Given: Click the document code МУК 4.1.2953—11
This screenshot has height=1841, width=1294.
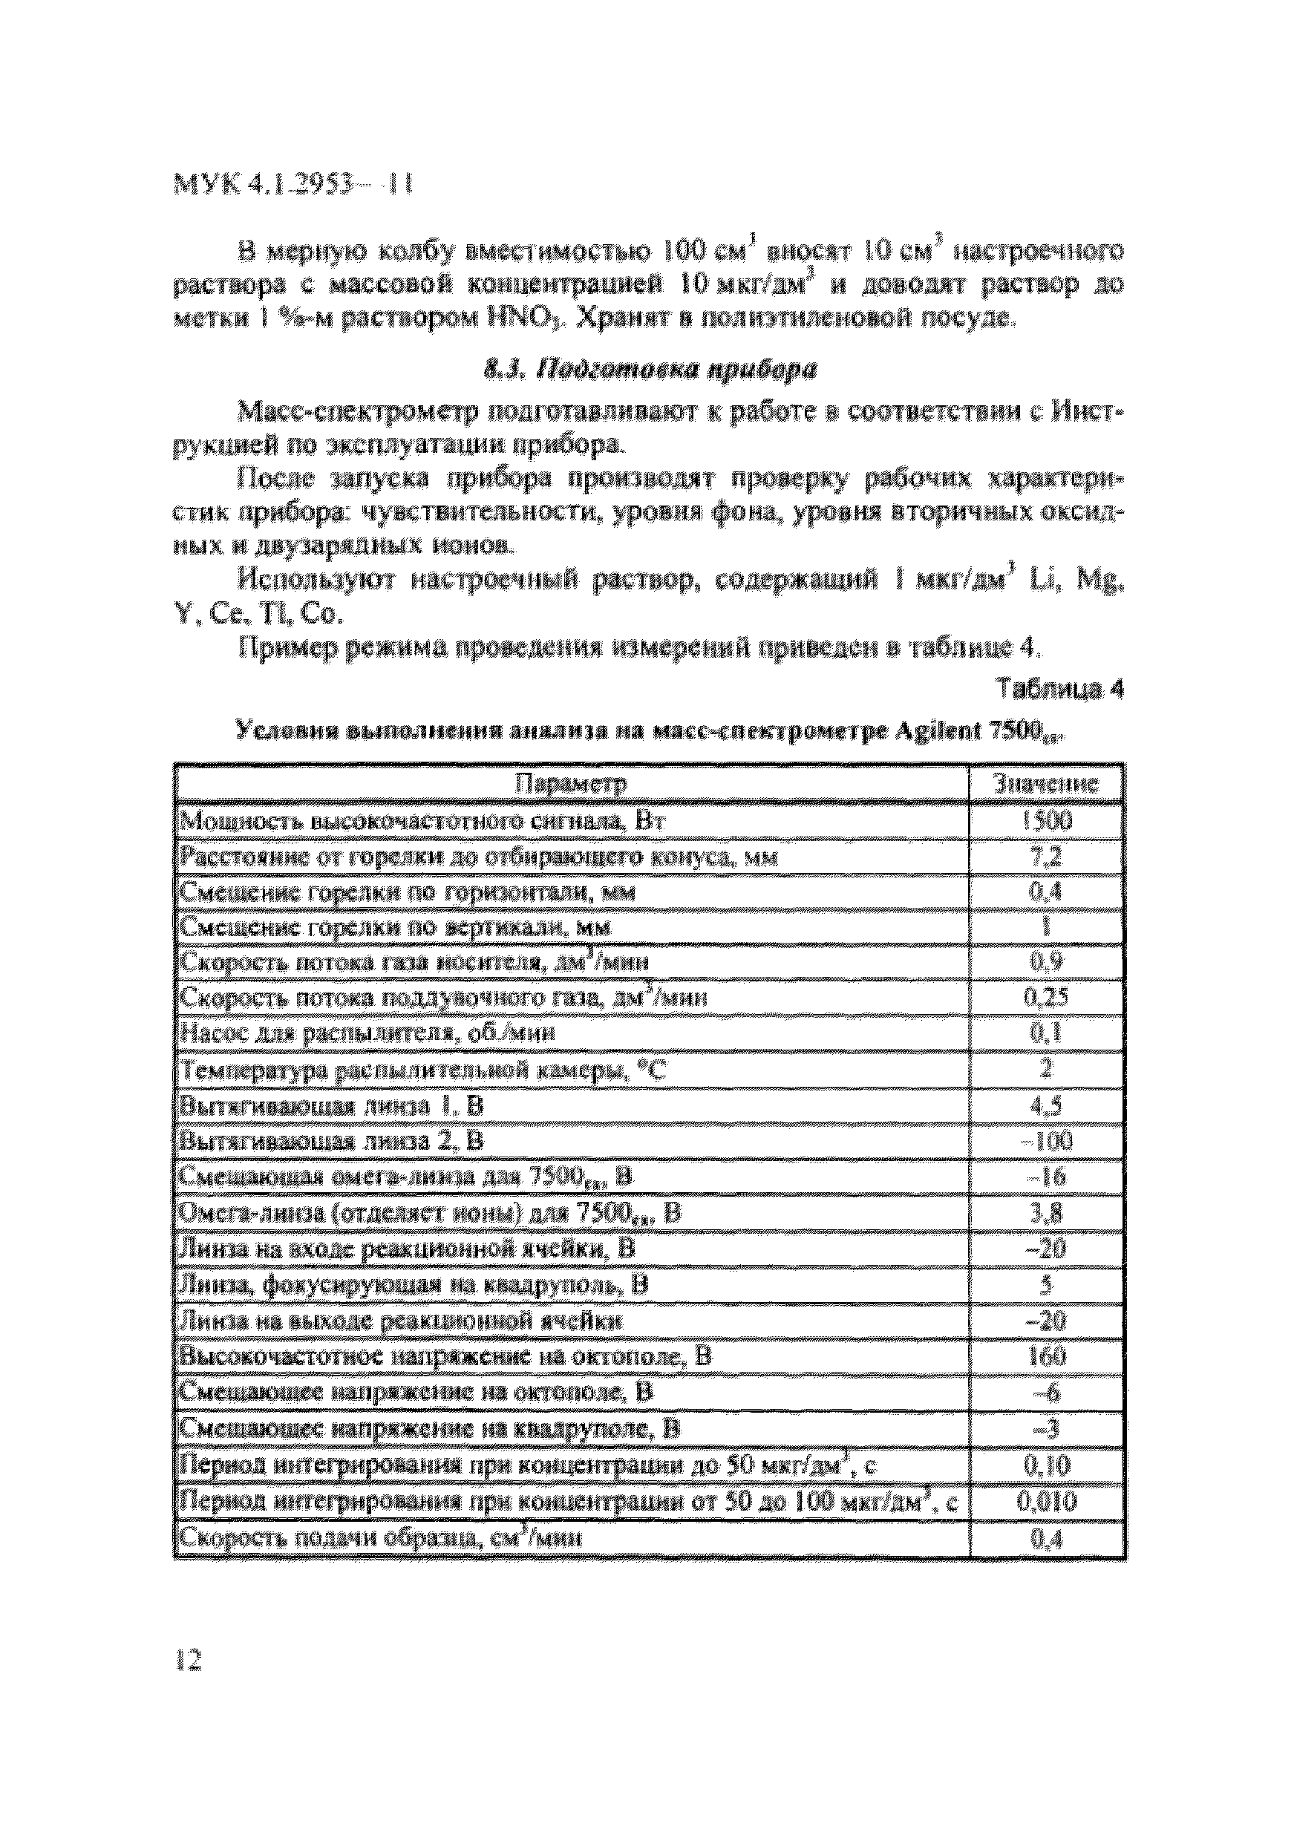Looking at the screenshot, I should (x=293, y=187).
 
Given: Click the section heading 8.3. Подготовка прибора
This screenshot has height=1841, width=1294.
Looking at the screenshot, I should (x=650, y=370).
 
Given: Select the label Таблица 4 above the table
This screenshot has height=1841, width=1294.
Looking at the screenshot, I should (x=1059, y=689).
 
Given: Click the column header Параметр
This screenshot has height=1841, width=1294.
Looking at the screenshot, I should (x=570, y=783).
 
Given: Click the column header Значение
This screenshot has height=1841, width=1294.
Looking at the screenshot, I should (x=1045, y=783).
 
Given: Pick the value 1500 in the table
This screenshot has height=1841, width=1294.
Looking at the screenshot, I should (x=1046, y=820).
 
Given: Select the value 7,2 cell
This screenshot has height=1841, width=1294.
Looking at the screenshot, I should (x=1046, y=857).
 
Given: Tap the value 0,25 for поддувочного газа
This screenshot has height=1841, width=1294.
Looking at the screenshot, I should (x=1046, y=998).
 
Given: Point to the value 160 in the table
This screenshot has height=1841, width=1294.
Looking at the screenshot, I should (x=1046, y=1357).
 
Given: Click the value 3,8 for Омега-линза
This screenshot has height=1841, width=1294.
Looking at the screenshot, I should (x=1046, y=1213).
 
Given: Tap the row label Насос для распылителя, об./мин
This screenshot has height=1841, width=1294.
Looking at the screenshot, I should (x=367, y=1033).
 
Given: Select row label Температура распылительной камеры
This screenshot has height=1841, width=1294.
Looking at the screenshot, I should (x=422, y=1070).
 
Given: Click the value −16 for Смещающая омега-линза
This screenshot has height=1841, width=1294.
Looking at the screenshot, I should (x=1046, y=1177).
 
